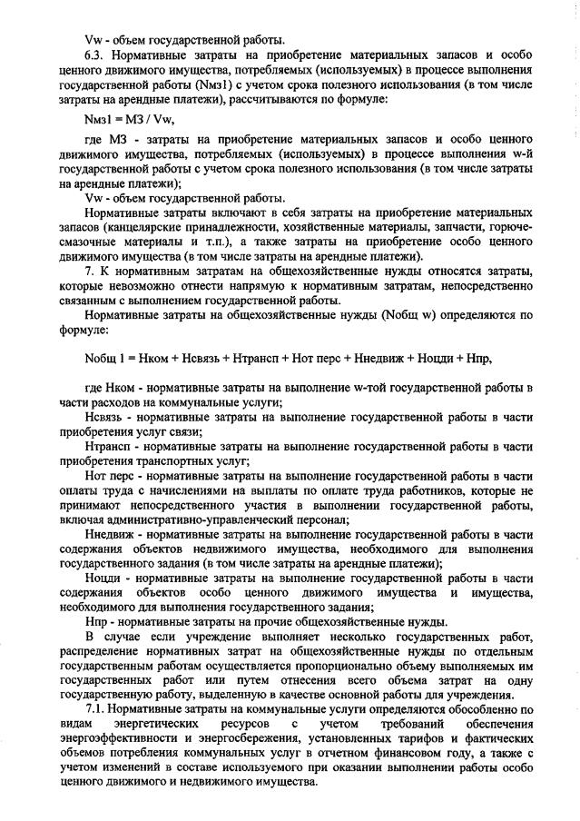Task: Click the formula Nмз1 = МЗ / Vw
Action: pyautogui.click(x=129, y=119)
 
